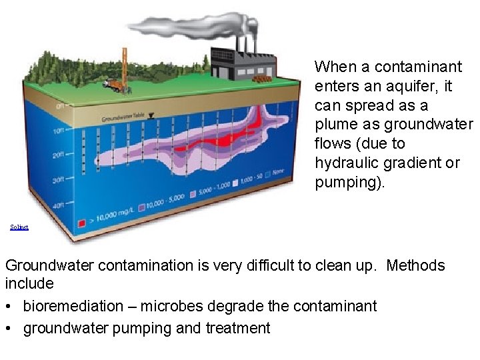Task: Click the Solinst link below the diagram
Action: click(x=19, y=227)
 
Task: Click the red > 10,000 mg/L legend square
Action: click(x=82, y=223)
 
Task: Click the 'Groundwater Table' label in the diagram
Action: click(x=123, y=119)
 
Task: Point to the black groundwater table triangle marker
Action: click(x=151, y=115)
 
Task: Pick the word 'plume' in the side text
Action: click(x=335, y=125)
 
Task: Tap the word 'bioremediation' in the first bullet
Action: click(x=69, y=306)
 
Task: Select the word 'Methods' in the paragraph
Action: click(x=415, y=265)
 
